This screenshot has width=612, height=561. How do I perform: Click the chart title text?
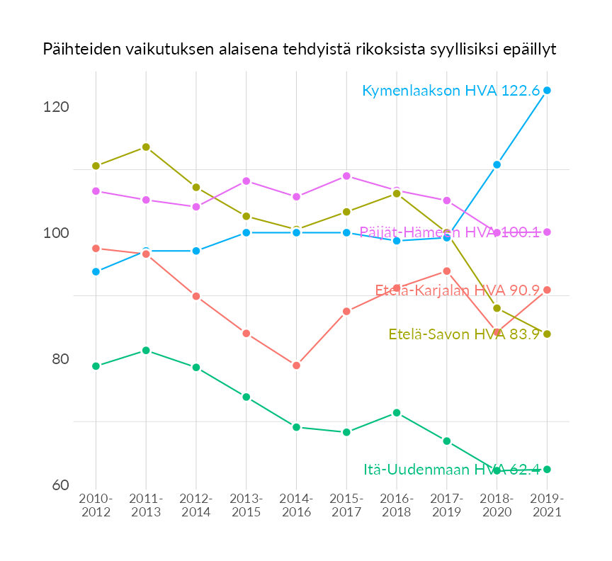(x=299, y=49)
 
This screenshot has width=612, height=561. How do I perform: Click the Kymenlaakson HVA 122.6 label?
(x=451, y=91)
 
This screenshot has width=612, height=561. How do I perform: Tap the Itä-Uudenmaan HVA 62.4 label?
(x=452, y=470)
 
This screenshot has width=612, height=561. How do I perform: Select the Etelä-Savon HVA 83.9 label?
(x=465, y=334)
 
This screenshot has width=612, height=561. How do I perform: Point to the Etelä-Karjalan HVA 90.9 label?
(x=458, y=290)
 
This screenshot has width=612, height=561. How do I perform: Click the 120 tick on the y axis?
(x=56, y=107)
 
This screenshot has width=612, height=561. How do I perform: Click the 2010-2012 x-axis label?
(x=96, y=506)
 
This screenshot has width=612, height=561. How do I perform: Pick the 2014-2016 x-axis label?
(x=296, y=506)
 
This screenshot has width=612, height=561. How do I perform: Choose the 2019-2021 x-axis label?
(x=547, y=506)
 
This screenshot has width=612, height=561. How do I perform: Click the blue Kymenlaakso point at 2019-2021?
(x=547, y=91)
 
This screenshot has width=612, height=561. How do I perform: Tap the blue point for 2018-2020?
(x=497, y=164)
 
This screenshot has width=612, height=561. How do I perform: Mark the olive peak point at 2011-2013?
(x=146, y=147)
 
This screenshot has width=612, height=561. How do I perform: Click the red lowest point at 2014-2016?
(x=296, y=365)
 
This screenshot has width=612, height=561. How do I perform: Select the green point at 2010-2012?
(x=96, y=366)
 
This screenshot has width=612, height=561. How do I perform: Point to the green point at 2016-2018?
(x=397, y=413)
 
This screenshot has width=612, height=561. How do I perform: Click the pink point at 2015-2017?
(x=346, y=176)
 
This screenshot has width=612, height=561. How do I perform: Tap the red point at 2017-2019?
(x=447, y=271)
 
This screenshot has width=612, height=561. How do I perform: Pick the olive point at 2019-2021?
(x=547, y=334)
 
